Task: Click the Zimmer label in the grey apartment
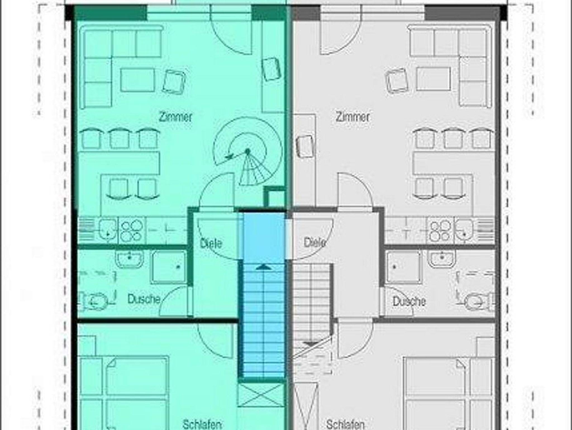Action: tap(352, 117)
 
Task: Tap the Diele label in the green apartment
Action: tap(211, 243)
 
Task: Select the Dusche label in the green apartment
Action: tap(144, 299)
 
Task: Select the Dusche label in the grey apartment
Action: tap(409, 301)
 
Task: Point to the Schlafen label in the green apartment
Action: tap(202, 424)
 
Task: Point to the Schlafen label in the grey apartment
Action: tap(345, 424)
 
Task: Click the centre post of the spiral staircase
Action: tap(247, 151)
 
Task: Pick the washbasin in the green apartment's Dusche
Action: tap(129, 259)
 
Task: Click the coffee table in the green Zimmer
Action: tap(137, 80)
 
